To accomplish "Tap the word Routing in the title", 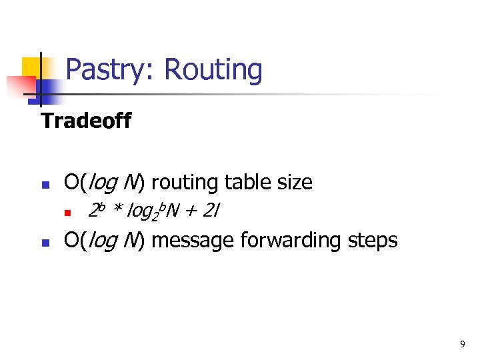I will [213, 70].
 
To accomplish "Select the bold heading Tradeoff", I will [86, 121].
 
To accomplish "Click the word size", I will [291, 181].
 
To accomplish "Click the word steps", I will [371, 239].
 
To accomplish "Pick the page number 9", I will [463, 344].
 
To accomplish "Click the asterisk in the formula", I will [117, 211].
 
